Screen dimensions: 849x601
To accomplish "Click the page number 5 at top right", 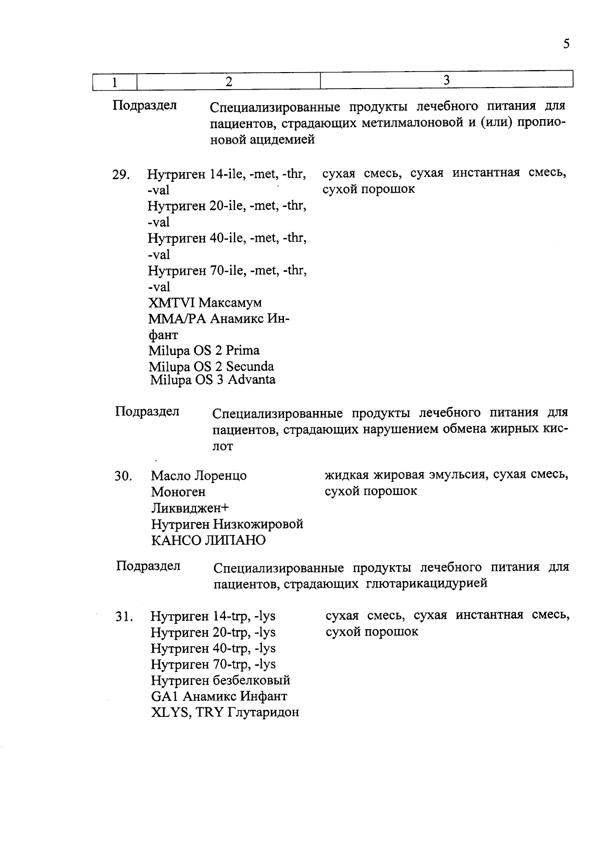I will tap(566, 44).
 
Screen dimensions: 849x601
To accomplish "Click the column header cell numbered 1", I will tap(115, 82).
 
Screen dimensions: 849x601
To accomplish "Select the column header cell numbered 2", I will tap(228, 81).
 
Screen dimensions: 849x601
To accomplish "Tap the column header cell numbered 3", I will tap(446, 80).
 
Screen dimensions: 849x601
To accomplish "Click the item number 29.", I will tap(121, 175).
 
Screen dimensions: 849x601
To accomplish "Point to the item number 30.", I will tap(123, 476).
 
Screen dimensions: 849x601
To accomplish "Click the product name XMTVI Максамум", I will tap(205, 303).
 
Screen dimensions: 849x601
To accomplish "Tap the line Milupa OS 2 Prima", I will tap(204, 350).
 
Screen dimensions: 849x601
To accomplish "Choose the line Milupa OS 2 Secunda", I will tap(211, 367).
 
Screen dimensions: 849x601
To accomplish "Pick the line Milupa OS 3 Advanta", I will tap(213, 379).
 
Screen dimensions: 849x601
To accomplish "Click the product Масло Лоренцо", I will tap(199, 476).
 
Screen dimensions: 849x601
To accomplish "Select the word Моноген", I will tap(178, 492).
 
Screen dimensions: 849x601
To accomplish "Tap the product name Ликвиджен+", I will tap(190, 508).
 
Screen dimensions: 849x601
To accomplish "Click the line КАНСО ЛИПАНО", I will tap(208, 541).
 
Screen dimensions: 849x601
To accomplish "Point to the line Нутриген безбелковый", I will tap(220, 680).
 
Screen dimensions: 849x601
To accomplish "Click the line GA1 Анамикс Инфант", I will tap(219, 696).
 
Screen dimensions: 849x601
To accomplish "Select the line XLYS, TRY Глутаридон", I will tap(225, 712).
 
